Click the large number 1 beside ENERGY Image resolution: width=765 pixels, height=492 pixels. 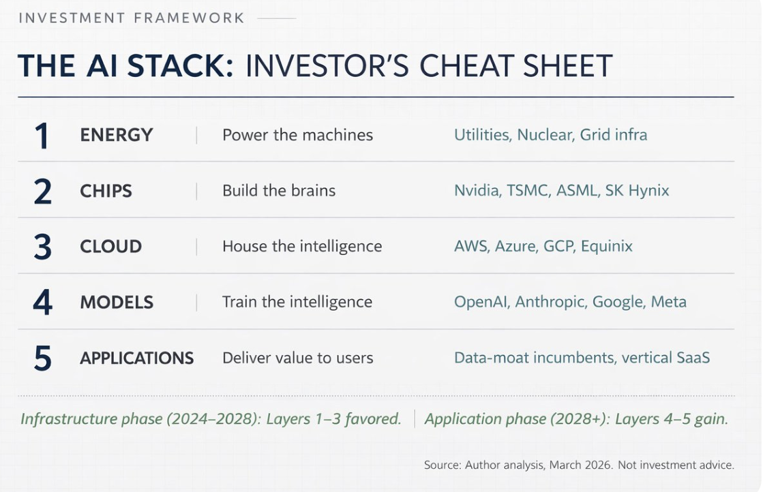[x=42, y=136]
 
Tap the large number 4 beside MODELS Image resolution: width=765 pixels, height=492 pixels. [x=42, y=303]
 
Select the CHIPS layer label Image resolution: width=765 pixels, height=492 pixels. [x=106, y=191]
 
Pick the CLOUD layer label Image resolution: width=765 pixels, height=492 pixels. [x=110, y=246]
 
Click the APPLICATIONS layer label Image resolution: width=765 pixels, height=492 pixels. [x=136, y=358]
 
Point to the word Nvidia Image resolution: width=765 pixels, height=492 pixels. [x=478, y=190]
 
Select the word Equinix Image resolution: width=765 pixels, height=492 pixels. [x=606, y=246]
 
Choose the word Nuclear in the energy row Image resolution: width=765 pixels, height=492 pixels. [x=545, y=134]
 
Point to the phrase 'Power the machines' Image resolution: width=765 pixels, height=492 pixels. [x=297, y=134]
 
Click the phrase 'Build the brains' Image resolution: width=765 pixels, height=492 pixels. [x=279, y=190]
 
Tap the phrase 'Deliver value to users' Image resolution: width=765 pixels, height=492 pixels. [x=297, y=358]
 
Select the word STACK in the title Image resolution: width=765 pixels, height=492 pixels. [x=181, y=65]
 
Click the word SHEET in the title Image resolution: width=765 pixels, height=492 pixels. [x=567, y=65]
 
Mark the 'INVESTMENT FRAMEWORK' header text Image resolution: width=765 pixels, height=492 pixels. [x=131, y=18]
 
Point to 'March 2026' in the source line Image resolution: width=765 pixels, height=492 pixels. [x=580, y=465]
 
